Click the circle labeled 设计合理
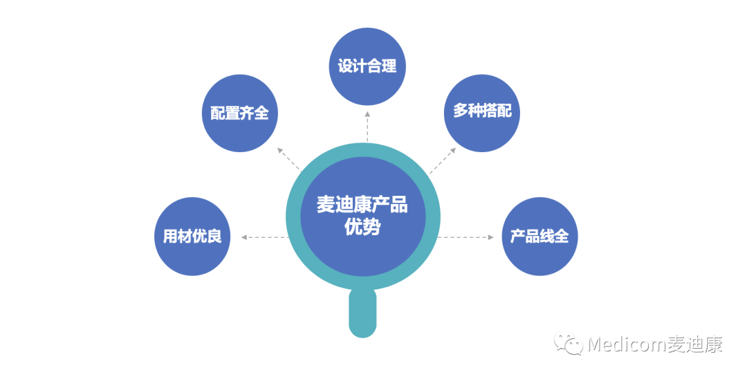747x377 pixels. (367, 66)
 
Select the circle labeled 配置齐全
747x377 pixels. (239, 113)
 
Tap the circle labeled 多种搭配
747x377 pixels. (481, 113)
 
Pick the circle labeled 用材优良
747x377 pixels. (192, 237)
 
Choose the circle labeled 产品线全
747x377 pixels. (539, 237)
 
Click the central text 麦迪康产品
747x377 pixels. (362, 205)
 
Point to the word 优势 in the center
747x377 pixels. (362, 228)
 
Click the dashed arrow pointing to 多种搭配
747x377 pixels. (443, 160)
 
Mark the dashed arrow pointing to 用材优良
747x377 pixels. (265, 237)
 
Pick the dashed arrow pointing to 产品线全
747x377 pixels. (467, 237)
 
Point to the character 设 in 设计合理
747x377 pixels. (345, 66)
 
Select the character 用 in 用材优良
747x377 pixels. (170, 237)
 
